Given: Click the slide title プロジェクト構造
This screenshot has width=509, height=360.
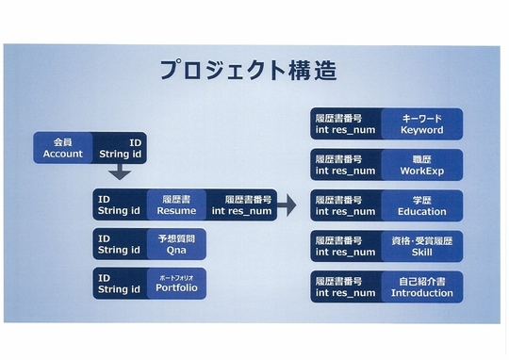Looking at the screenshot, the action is tap(249, 70).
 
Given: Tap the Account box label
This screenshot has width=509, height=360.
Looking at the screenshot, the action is tap(62, 148).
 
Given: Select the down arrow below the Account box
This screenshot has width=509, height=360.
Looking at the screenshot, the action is tap(120, 172).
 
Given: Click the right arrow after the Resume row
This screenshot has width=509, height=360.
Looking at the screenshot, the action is tap(287, 205).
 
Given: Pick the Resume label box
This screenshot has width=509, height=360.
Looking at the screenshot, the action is tap(176, 205).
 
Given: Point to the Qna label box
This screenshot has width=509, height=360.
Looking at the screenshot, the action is tap(176, 244).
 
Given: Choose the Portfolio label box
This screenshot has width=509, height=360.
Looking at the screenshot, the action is tap(176, 284).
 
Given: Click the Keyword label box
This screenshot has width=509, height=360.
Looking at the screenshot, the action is tap(421, 124).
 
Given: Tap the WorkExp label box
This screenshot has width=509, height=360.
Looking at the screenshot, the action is tap(421, 165).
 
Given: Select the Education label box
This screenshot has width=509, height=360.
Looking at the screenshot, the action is tap(421, 205).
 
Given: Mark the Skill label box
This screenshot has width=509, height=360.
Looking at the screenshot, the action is tap(421, 246).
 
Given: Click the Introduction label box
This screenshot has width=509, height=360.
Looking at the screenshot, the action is tap(421, 287).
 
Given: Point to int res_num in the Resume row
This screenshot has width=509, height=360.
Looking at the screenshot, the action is tap(241, 211).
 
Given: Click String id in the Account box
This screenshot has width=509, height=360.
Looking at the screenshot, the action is tap(120, 154).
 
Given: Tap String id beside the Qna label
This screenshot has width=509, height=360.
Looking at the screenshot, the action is tap(119, 250).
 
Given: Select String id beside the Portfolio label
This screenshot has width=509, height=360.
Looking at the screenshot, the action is tap(119, 289).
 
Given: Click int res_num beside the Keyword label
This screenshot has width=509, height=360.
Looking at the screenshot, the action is tap(345, 130).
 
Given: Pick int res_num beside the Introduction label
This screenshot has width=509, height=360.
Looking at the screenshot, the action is tap(345, 293).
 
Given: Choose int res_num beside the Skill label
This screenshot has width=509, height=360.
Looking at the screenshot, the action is tap(345, 253).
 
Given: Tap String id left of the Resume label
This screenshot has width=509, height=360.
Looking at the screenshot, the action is tap(119, 211).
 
